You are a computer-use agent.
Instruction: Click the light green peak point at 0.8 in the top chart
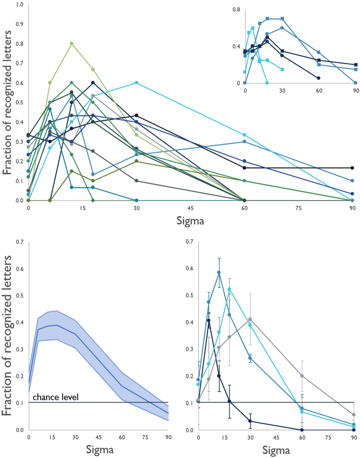[x=72, y=44]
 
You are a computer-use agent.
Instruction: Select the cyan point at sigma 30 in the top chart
[x=137, y=83]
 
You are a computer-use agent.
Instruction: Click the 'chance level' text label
[x=52, y=397]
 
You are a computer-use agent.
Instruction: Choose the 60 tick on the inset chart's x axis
[x=319, y=90]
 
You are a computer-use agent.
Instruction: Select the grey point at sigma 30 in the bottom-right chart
[x=250, y=319]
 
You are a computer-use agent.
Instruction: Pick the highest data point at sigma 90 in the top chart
[x=352, y=168]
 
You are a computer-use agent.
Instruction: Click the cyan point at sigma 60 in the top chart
[x=245, y=135]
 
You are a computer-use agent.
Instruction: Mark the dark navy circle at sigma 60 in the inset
[x=319, y=78]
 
